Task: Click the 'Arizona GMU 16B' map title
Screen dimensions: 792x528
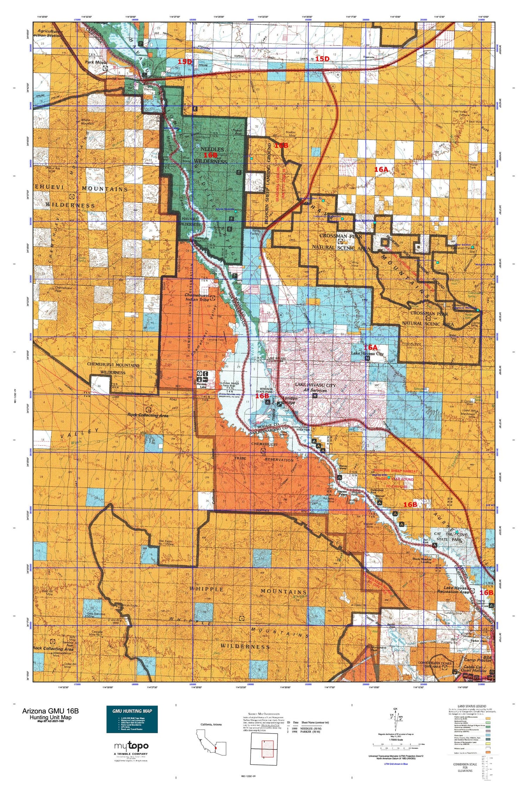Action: point(50,711)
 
